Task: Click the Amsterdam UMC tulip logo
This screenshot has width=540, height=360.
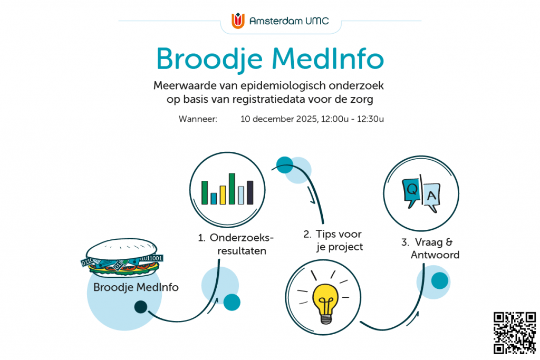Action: coord(238,21)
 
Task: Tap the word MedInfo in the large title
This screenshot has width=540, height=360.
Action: coord(327,59)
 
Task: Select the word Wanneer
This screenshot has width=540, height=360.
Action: coord(198,119)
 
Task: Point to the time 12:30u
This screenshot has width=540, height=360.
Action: coord(370,119)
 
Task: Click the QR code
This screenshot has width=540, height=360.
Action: coord(515,333)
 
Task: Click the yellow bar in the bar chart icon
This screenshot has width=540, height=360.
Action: coord(223,195)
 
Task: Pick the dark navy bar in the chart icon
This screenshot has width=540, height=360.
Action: coord(250,193)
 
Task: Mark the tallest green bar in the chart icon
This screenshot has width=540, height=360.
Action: coord(232,189)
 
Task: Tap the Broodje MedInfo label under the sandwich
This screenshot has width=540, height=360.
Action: coord(136,287)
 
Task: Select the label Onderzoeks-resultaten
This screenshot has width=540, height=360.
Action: coord(236,244)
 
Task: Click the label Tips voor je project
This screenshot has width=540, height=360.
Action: coord(333,240)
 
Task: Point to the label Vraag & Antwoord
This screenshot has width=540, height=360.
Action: coord(430,248)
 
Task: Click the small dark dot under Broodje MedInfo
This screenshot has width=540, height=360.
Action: coord(140,307)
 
